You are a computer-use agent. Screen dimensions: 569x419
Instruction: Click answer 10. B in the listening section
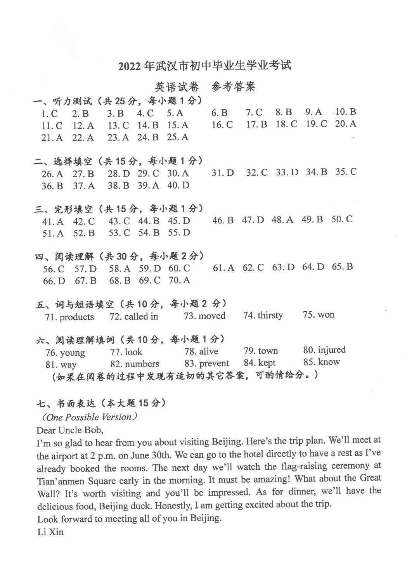(x=345, y=112)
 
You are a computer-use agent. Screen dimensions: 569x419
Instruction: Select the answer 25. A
(x=178, y=137)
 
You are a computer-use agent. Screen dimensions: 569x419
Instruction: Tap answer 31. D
(x=223, y=173)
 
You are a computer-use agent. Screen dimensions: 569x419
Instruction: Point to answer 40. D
(x=178, y=185)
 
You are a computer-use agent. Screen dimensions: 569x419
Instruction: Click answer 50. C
(x=342, y=219)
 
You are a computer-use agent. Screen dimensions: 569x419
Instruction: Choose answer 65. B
(x=342, y=267)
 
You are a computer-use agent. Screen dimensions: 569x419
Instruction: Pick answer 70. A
(x=179, y=280)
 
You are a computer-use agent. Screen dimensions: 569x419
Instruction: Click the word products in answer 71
(x=77, y=317)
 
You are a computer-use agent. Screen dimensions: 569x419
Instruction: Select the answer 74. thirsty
(x=263, y=315)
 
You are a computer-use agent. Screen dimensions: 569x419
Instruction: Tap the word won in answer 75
(x=326, y=315)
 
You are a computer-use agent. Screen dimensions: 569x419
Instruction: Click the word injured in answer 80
(x=331, y=350)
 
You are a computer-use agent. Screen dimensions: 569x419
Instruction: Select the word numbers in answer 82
(x=142, y=364)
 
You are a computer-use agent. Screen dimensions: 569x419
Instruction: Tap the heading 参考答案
(x=233, y=86)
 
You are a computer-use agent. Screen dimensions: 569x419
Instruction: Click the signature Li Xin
(x=50, y=532)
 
